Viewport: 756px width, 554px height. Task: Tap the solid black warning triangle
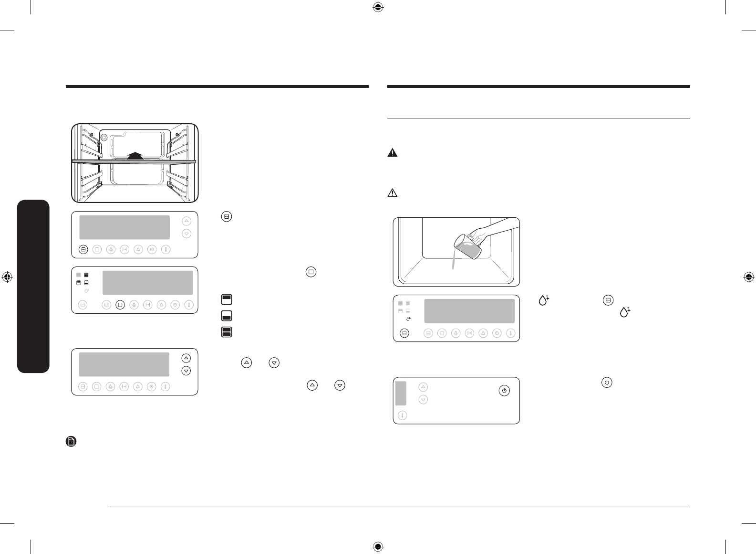pos(392,153)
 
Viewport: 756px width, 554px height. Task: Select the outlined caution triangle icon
pos(392,193)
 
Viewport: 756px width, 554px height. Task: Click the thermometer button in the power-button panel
pos(403,415)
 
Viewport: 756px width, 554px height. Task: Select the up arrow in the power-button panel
pos(423,387)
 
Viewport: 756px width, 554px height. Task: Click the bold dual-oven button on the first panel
pos(83,249)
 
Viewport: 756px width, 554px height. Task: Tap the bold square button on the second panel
pos(120,304)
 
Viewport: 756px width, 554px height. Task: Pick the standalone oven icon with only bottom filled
pos(227,316)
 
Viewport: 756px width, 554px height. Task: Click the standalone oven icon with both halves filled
pos(227,332)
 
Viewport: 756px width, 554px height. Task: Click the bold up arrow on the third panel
pos(186,358)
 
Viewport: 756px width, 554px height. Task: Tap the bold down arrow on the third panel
pos(186,371)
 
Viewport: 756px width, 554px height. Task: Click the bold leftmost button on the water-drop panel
pos(404,333)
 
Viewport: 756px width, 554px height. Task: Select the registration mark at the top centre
pos(378,7)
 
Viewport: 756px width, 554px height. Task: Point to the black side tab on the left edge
pos(33,287)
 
